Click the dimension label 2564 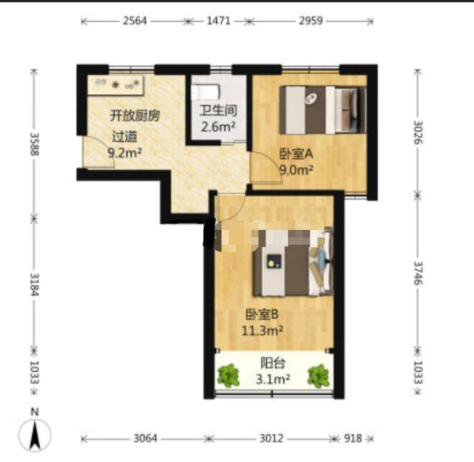(135, 21)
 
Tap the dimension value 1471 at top (218, 21)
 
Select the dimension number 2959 (311, 21)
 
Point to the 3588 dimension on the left (34, 144)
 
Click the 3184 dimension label (34, 285)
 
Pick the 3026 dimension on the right (418, 132)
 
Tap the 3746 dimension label (418, 273)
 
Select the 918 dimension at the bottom (353, 438)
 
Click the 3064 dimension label (145, 438)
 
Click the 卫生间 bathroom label (218, 111)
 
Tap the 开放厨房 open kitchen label (135, 116)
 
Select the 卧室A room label (296, 154)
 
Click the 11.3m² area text (262, 331)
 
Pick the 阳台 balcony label (273, 363)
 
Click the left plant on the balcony (229, 376)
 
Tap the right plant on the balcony (318, 376)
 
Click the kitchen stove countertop (116, 85)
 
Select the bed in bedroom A (322, 110)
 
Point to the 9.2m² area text (124, 153)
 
